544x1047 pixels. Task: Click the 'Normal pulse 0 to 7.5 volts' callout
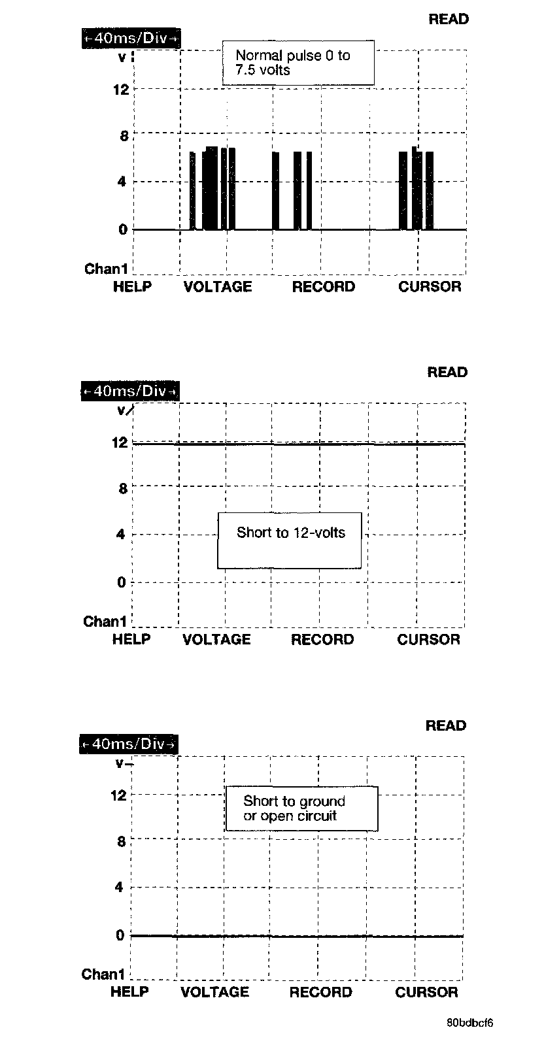coord(298,63)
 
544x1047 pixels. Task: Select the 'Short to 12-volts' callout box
coord(290,540)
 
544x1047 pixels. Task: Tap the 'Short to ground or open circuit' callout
coord(301,808)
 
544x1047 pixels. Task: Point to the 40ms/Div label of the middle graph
coord(130,391)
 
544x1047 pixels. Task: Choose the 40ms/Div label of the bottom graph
coord(129,744)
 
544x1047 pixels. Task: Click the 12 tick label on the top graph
coord(121,90)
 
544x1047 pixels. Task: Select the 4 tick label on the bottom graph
coord(120,888)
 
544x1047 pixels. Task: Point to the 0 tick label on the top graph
coord(122,229)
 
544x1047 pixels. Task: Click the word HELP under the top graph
coord(132,287)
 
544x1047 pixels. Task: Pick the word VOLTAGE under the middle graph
coord(216,639)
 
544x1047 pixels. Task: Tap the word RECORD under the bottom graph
coord(320,992)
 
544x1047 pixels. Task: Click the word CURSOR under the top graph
coord(430,287)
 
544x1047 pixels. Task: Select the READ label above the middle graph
coord(447,373)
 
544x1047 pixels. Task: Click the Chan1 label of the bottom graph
coord(103,974)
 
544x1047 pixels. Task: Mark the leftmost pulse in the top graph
coord(192,191)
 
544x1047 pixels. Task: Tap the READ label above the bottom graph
coord(446,725)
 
